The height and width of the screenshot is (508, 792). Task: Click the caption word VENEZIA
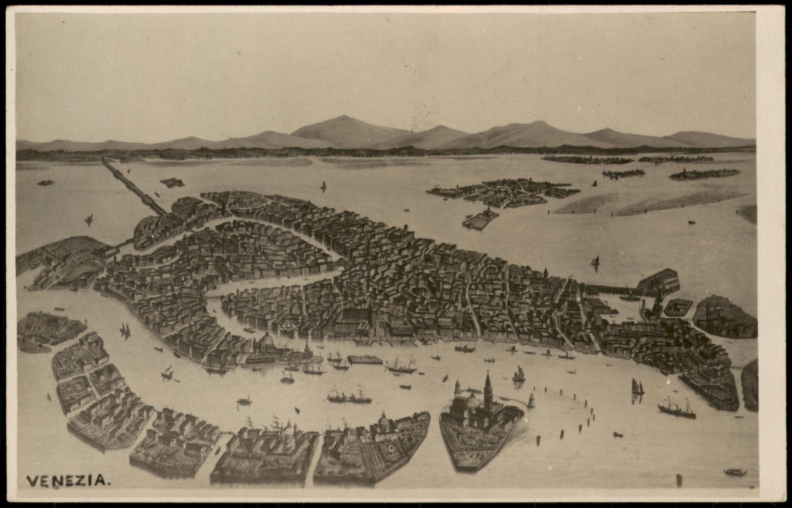point(67,481)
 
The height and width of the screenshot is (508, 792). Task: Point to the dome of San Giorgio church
point(472,401)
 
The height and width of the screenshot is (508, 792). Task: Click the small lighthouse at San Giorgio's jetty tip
point(531,401)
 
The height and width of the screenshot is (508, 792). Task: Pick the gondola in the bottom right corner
point(734,472)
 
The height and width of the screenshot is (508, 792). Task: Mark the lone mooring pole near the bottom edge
point(678,480)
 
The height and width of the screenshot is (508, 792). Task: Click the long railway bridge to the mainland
point(132,185)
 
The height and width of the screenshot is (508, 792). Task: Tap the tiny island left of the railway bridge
point(46,183)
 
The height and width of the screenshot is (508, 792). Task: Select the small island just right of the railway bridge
point(172,183)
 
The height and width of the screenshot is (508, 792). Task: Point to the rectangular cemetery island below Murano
point(481,220)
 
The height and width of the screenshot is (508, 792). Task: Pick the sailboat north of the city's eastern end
point(595,261)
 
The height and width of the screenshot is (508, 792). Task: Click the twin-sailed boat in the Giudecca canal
point(125,330)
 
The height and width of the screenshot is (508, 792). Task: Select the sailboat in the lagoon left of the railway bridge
point(88,220)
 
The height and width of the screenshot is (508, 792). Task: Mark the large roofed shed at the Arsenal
point(658,281)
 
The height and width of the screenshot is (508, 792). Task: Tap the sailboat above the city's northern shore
point(323,186)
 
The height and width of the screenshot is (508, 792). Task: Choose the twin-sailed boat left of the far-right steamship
point(637,387)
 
